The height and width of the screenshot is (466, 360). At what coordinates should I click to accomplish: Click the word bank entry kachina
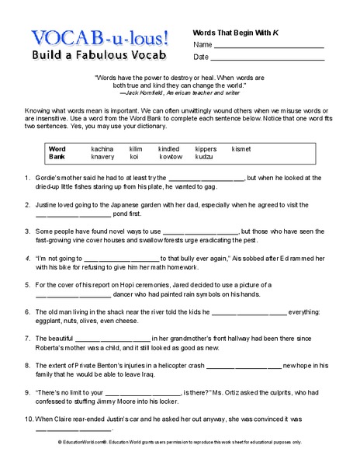[102, 148]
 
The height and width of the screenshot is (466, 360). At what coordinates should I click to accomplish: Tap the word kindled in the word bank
[169, 148]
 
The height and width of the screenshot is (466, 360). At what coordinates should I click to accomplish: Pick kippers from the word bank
[206, 148]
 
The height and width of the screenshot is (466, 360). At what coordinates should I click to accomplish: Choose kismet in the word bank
[241, 148]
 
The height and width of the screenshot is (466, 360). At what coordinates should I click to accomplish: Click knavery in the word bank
[102, 156]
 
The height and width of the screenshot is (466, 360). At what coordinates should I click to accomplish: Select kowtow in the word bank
[171, 156]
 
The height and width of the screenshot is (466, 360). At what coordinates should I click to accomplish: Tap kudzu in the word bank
[203, 156]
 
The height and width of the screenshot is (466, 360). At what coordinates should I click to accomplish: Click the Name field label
[202, 44]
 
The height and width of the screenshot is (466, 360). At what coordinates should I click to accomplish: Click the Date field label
[201, 57]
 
